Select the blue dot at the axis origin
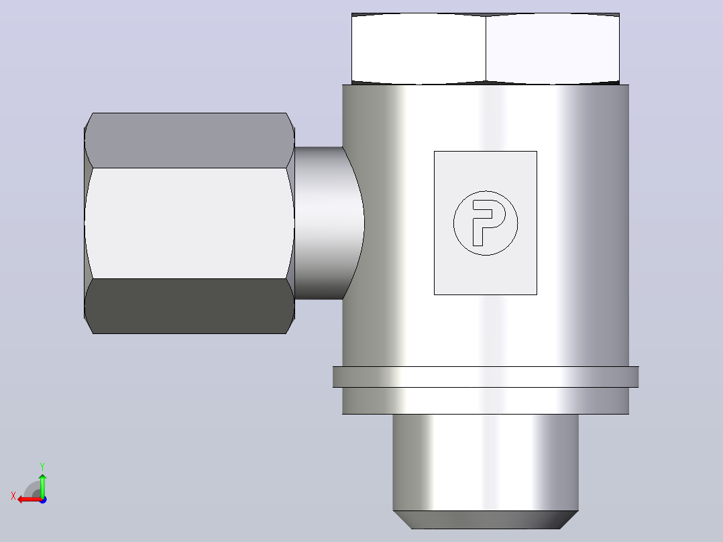click(43, 500)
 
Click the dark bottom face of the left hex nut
click(189, 306)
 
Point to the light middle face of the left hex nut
click(189, 223)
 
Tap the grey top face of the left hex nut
click(189, 140)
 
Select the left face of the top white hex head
click(419, 49)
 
